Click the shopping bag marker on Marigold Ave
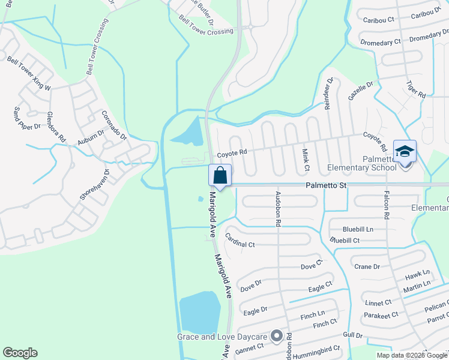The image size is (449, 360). point(220,175)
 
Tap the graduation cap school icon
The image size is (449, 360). point(405,151)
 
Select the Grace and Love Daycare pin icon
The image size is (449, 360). point(277,336)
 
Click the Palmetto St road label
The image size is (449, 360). point(326,186)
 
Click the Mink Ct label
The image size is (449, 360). point(306,158)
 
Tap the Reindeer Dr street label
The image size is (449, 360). point(329,93)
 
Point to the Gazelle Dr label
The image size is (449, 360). point(361,92)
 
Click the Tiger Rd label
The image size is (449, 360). point(415,89)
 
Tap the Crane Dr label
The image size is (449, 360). point(367,266)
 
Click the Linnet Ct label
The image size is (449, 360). point(378,303)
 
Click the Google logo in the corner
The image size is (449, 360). point(20,353)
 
